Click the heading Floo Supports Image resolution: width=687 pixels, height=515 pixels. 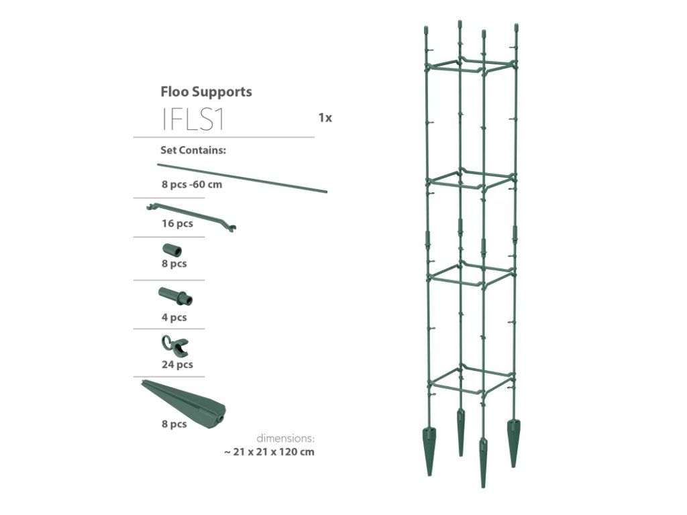(206, 92)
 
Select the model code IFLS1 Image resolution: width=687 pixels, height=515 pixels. (193, 119)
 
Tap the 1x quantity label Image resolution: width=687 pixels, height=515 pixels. (325, 118)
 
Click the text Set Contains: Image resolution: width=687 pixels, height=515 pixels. (193, 150)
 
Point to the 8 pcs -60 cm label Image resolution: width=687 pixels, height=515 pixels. (192, 184)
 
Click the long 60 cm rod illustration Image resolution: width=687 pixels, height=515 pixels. (242, 178)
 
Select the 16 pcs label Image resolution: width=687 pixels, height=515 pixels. (177, 223)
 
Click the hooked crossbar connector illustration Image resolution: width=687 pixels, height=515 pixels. (191, 217)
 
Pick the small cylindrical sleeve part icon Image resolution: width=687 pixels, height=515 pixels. (172, 251)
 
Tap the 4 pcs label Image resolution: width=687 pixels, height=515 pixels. (174, 317)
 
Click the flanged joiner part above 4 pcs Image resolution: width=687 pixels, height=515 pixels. (175, 296)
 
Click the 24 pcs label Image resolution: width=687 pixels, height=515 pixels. (177, 364)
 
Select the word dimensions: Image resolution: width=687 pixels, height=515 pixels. (285, 439)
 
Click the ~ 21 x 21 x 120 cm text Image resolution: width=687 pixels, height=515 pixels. (269, 452)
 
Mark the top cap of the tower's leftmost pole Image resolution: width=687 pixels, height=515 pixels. (425, 31)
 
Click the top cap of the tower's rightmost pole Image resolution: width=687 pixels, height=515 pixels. (516, 27)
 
